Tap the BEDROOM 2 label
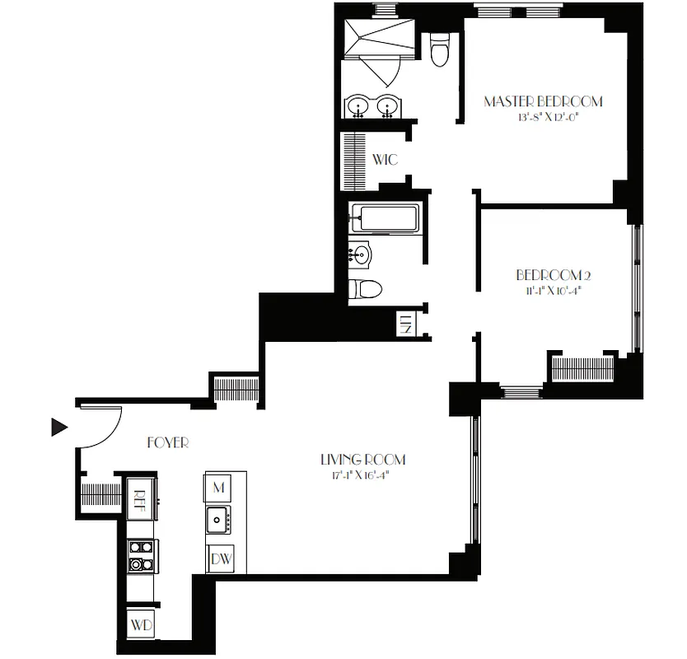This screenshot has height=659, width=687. tap(554, 275)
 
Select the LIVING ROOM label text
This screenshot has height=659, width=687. tap(362, 460)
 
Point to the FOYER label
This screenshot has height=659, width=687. tap(168, 443)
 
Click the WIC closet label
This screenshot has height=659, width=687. tap(386, 159)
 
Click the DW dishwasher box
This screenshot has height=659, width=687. tap(220, 559)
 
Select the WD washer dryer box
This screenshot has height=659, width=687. tap(141, 625)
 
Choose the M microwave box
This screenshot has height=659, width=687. tap(218, 488)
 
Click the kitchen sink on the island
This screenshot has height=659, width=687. tap(218, 519)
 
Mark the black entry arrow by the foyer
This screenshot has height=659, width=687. tap(58, 427)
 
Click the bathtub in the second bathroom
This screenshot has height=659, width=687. tap(384, 219)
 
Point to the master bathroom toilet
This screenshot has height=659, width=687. tap(439, 50)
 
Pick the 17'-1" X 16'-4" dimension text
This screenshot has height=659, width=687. tap(362, 475)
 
